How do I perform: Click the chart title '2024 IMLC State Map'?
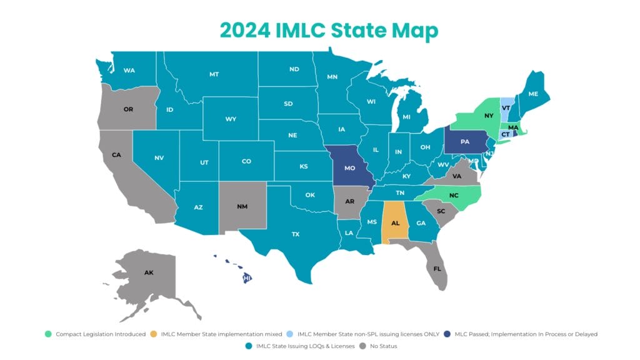[319, 30]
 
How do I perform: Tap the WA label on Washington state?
[129, 70]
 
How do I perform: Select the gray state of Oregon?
[128, 109]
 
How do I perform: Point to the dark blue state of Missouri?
[351, 169]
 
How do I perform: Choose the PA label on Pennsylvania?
[465, 142]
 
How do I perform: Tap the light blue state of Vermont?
[507, 106]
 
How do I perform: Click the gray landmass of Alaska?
[149, 273]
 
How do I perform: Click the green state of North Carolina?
[453, 195]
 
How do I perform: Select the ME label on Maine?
[533, 94]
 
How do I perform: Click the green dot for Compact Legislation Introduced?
[48, 334]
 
